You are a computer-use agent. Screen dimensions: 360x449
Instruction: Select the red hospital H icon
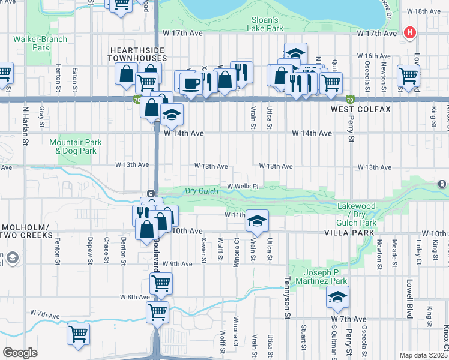point(411,32)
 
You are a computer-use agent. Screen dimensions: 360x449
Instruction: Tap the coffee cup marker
point(191,82)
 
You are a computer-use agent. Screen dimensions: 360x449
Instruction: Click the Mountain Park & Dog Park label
point(72,146)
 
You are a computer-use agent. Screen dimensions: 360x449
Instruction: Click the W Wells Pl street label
point(242,186)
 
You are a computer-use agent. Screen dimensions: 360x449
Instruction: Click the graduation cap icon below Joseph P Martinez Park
point(337,296)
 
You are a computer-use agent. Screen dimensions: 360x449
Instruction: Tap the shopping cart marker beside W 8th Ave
point(161,283)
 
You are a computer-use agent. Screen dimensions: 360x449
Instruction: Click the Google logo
point(20,353)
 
